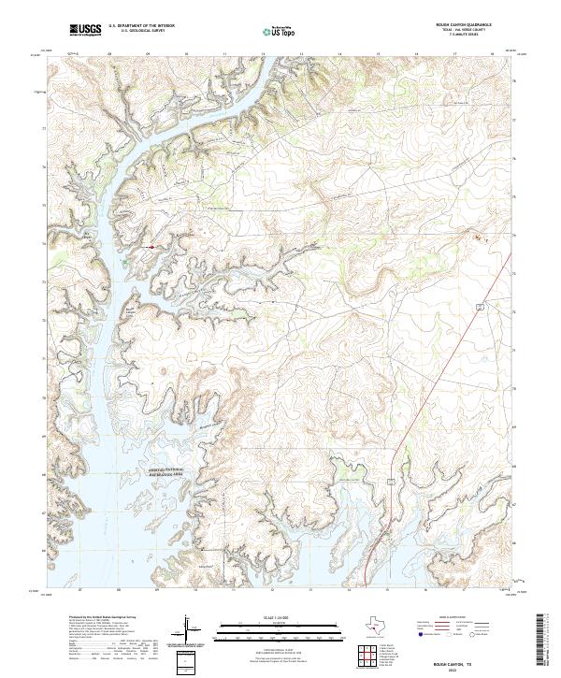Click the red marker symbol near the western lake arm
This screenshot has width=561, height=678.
pos(152,247)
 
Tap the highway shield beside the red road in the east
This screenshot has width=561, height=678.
pos(479,306)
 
